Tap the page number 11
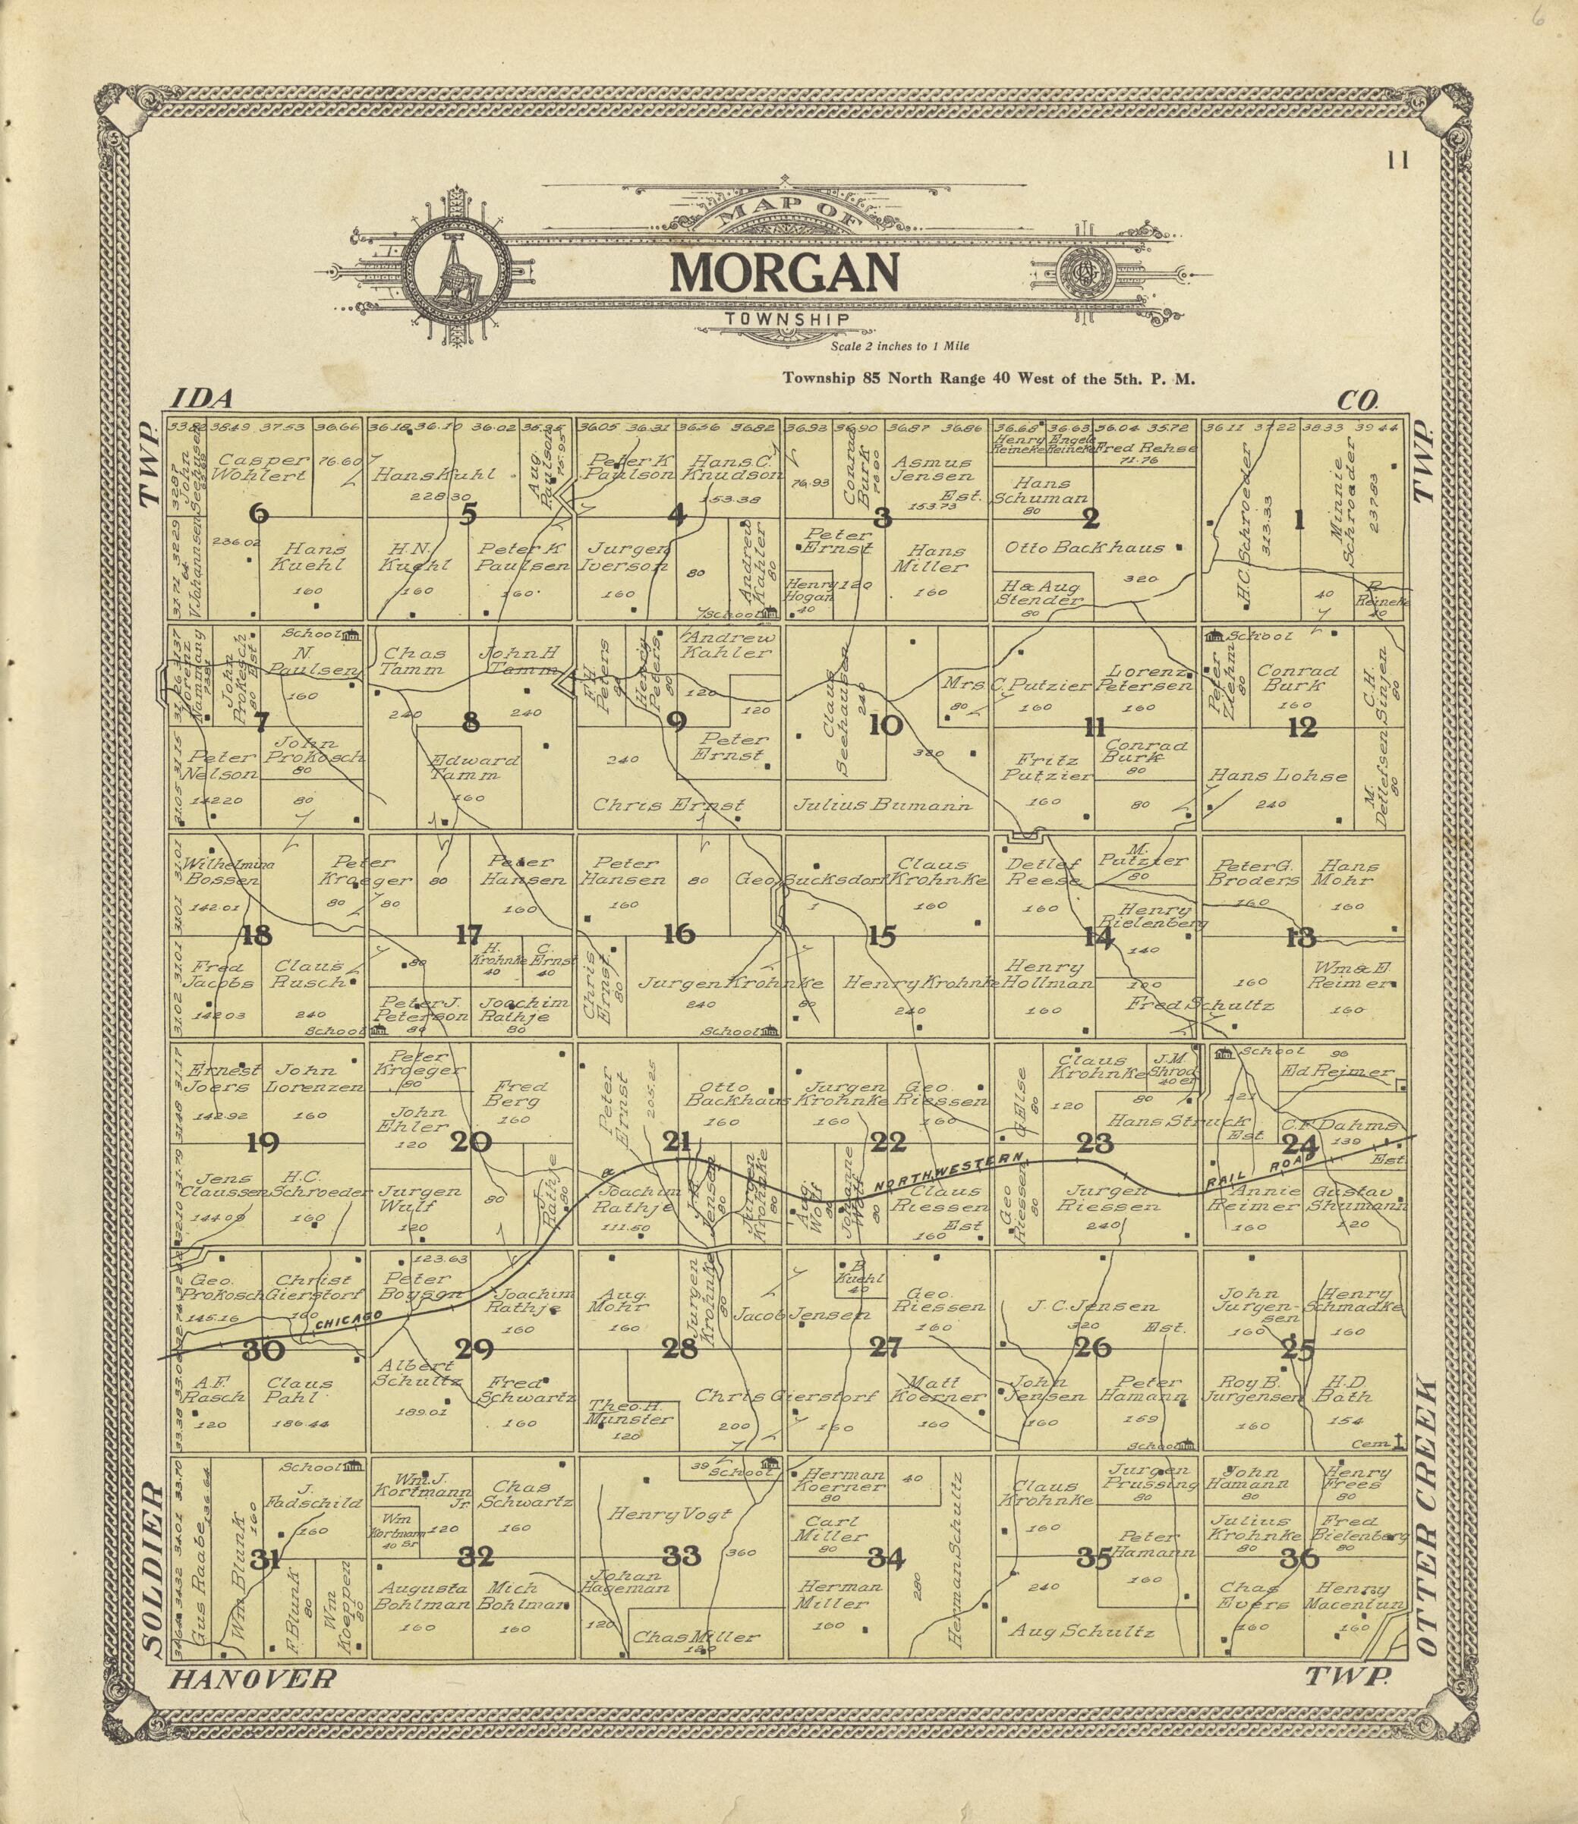point(1397,160)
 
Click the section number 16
point(679,934)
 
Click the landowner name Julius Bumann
point(882,804)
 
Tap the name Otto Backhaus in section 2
point(1084,548)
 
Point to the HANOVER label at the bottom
point(252,1679)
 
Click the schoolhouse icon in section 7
point(352,634)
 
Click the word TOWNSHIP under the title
point(786,319)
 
